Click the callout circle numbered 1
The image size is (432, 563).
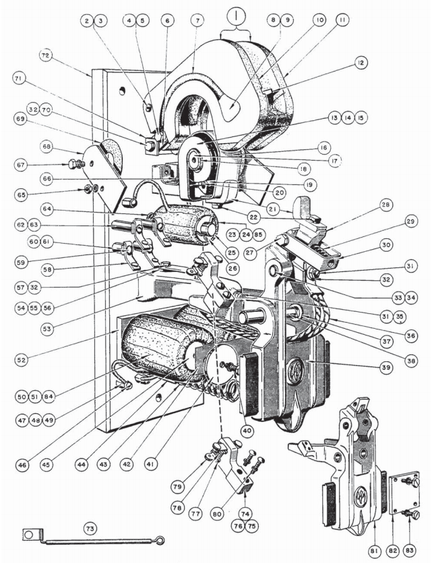coord(236,14)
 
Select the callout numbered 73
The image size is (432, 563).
coord(88,527)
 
